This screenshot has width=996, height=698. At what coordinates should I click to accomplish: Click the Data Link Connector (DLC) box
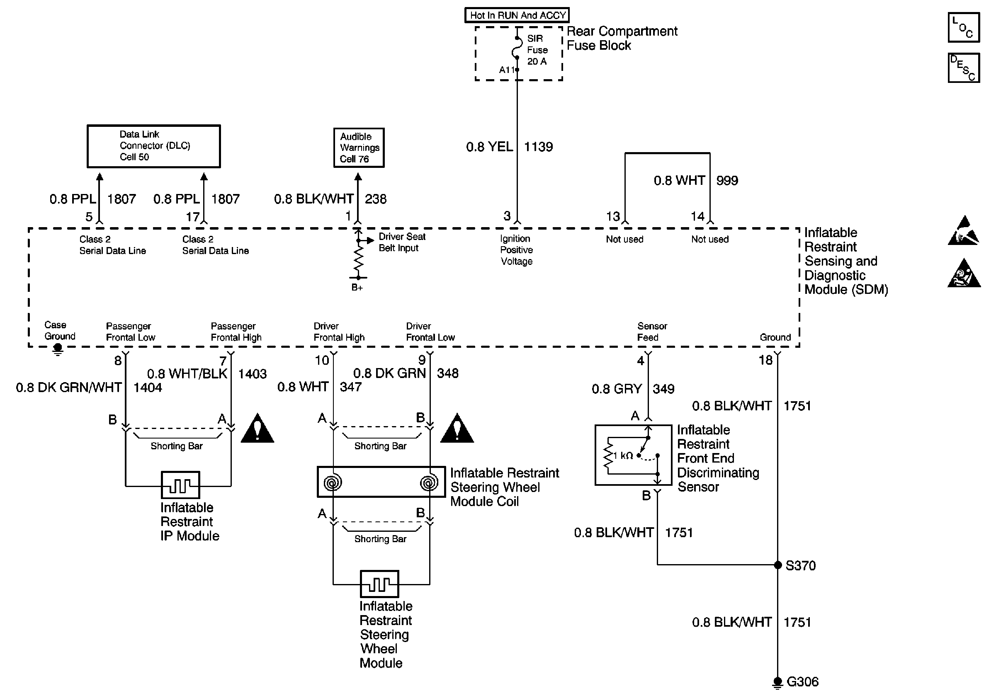[153, 146]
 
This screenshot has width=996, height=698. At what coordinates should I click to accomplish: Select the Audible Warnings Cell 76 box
[359, 148]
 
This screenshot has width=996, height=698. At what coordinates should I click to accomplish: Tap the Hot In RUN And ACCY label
[517, 15]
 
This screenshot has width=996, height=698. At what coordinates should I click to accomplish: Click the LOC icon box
[964, 27]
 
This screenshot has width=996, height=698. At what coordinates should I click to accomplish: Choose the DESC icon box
[964, 68]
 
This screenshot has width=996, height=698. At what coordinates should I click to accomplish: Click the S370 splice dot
[777, 565]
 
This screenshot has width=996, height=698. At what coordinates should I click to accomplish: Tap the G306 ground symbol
[777, 682]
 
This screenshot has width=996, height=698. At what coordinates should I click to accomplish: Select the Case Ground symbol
[58, 349]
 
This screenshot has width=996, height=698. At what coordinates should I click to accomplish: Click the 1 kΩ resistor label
[623, 455]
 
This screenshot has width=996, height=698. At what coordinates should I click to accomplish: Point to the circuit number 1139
[538, 147]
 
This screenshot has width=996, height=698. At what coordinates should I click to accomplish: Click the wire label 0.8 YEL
[489, 147]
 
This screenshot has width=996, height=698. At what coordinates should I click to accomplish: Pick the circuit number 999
[727, 180]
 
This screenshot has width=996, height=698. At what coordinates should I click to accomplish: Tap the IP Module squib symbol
[180, 485]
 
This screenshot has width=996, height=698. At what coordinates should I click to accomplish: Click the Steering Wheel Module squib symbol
[379, 584]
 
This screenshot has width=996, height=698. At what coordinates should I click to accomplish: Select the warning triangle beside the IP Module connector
[257, 428]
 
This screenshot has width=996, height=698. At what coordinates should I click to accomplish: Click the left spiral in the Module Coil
[333, 482]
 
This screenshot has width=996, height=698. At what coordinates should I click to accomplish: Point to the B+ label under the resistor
[357, 287]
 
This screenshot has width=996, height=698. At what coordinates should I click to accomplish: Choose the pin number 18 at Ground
[765, 360]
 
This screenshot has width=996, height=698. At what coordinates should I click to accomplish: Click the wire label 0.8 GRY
[617, 389]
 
